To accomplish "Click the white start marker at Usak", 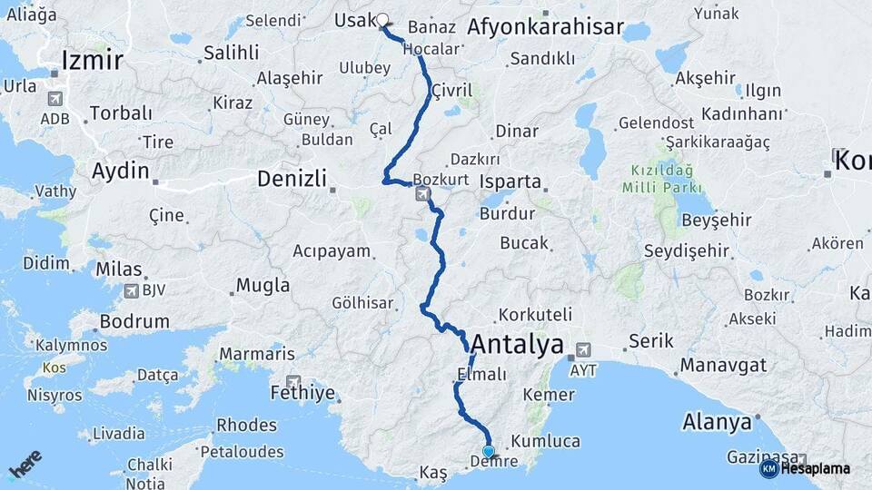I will click(x=382, y=19).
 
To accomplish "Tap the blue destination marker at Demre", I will click(x=489, y=451).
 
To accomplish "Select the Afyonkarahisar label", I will click(x=546, y=28).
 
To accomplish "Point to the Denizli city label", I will click(x=292, y=179).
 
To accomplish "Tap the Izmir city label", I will click(x=92, y=61).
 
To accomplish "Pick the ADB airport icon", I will click(x=54, y=98).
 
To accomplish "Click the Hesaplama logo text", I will click(x=815, y=468).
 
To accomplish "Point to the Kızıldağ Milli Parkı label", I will click(x=663, y=178).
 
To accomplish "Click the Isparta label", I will click(x=510, y=181).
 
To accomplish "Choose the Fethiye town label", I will click(x=302, y=393).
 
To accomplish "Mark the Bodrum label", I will click(x=134, y=321).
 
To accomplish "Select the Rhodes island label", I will click(x=246, y=426).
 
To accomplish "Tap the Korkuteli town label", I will click(x=535, y=315).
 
